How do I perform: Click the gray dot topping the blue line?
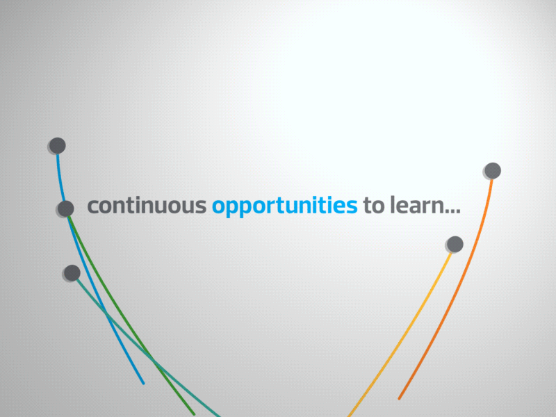click(58, 145)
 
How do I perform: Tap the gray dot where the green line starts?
click(66, 208)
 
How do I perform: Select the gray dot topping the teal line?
click(72, 272)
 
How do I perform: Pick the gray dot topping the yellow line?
click(455, 244)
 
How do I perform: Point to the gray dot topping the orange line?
click(492, 170)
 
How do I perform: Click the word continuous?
click(146, 206)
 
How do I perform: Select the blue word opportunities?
click(284, 207)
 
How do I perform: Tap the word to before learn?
click(373, 206)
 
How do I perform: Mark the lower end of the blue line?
click(143, 383)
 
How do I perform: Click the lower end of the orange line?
click(399, 398)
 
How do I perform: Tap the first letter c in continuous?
click(92, 207)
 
